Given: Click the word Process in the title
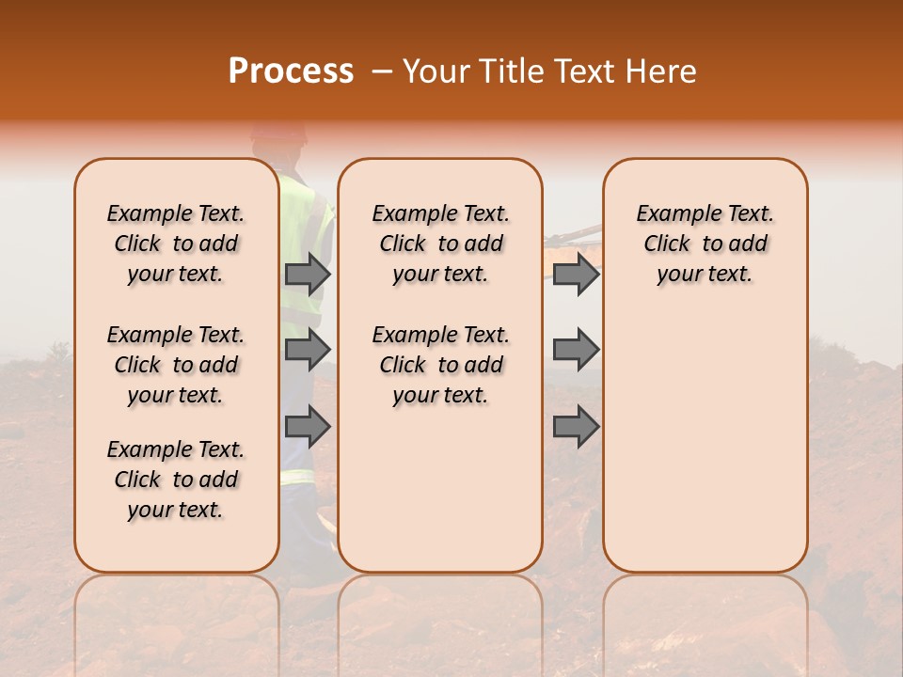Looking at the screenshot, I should [x=291, y=71].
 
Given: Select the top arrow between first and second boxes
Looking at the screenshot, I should [x=308, y=274].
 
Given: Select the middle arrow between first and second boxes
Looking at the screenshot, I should [x=308, y=350].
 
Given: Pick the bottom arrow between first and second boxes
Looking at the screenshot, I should [x=308, y=427].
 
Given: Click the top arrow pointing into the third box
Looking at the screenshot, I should [x=576, y=274].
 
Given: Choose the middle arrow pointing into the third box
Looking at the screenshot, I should [x=576, y=350].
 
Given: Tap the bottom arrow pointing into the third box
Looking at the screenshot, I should [x=576, y=427].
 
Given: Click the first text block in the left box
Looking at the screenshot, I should [x=176, y=244].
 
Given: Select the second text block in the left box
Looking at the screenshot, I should [x=176, y=365].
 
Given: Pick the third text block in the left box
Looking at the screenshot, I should [x=176, y=480].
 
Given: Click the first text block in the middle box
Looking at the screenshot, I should [x=440, y=244].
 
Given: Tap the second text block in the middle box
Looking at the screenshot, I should [x=440, y=365].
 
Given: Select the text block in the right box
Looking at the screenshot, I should [x=705, y=244].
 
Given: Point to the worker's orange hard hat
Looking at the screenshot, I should [x=279, y=134].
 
